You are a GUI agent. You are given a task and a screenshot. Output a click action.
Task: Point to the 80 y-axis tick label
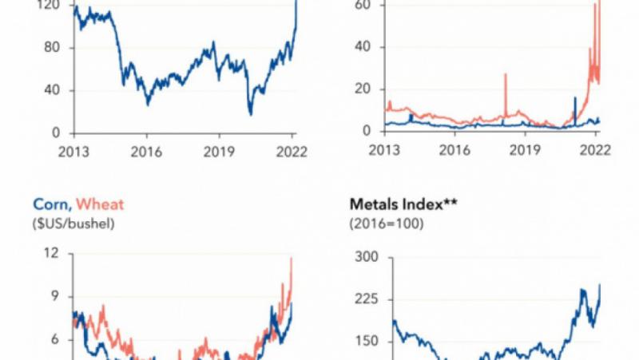[x=54, y=48]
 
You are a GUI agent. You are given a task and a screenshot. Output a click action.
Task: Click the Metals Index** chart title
[x=397, y=205]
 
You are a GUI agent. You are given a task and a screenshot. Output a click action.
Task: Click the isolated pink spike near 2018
[x=505, y=75]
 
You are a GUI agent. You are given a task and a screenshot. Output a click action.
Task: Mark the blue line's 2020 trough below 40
[x=250, y=114]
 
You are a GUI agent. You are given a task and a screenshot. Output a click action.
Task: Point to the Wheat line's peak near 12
[x=292, y=258]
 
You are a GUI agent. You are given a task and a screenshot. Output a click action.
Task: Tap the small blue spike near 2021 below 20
[x=575, y=99]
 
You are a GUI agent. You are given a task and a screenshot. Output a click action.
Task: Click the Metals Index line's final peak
[x=600, y=285]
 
